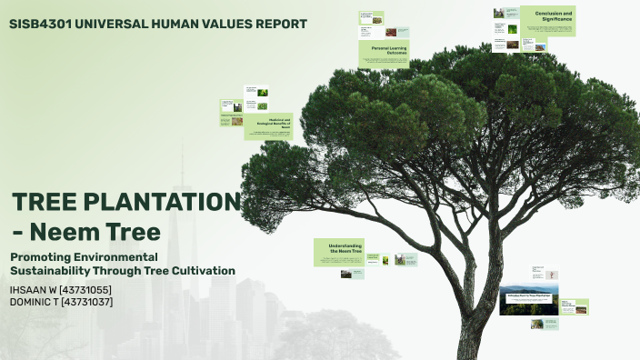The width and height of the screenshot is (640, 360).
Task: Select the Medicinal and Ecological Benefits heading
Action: [273, 124]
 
